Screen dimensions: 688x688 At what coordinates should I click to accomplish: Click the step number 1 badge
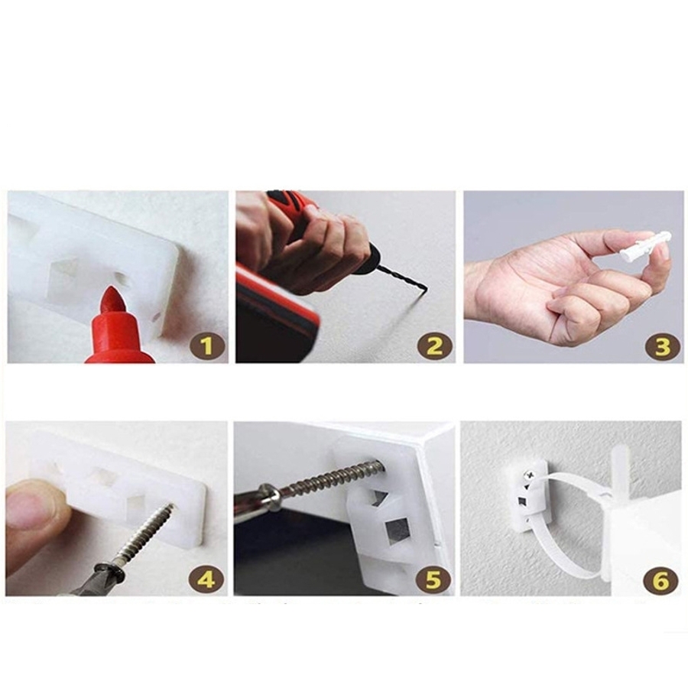tap(207, 346)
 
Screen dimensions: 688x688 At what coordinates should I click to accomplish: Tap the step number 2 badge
tap(434, 346)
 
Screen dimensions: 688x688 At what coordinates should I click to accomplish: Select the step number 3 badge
tap(662, 346)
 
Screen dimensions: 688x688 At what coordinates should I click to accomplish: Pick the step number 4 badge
tap(206, 579)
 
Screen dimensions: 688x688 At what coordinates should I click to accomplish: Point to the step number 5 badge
tap(433, 579)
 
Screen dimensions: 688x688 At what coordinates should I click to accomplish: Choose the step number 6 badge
tap(660, 580)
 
